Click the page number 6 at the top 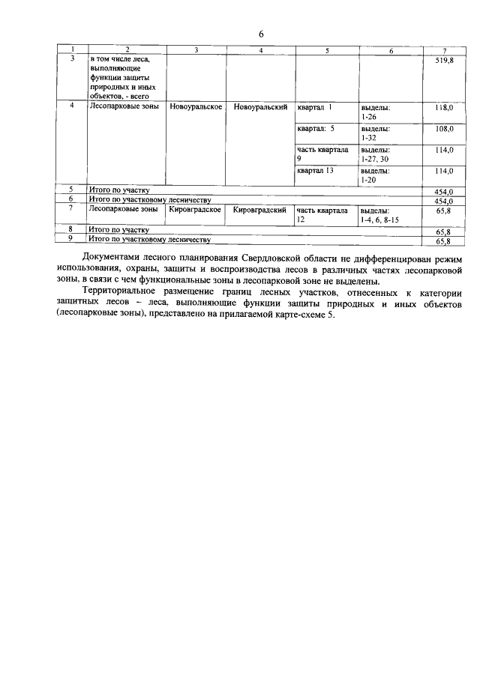click(x=262, y=34)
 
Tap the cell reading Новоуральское click(x=195, y=108)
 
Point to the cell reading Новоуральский click(x=260, y=108)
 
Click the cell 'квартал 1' click(x=314, y=108)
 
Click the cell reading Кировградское click(x=195, y=211)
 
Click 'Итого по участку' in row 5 click(x=119, y=190)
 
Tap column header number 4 click(x=260, y=49)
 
